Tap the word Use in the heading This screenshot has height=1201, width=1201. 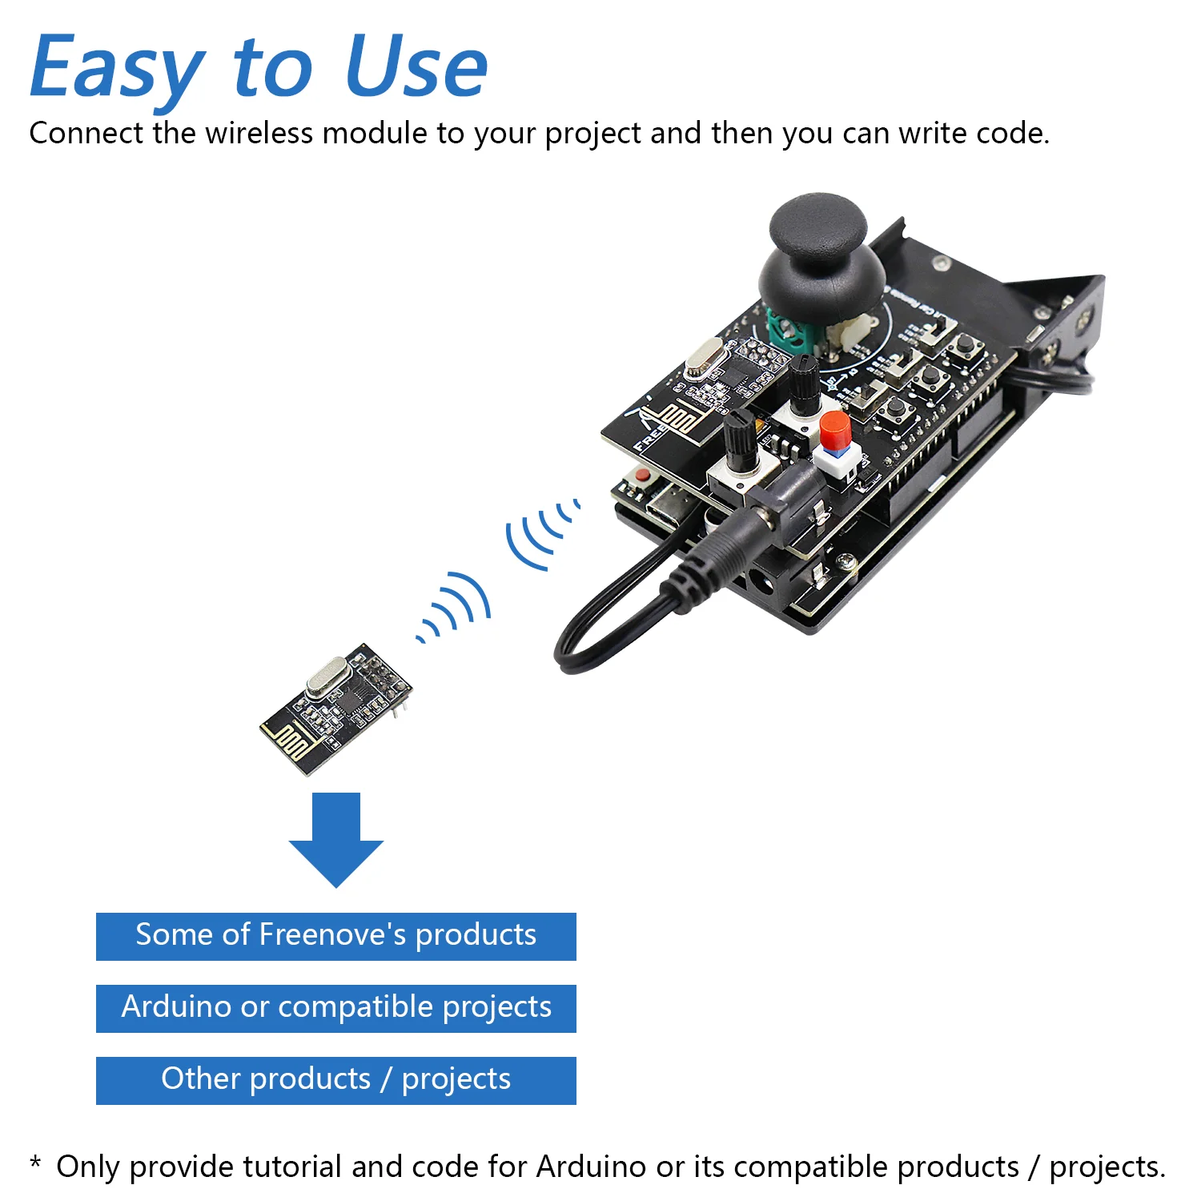[x=416, y=68]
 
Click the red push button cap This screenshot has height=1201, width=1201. [x=834, y=431]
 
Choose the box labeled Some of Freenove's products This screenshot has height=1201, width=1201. [x=336, y=936]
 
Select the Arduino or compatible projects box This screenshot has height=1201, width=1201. [x=336, y=1008]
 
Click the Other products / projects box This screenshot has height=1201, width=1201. [x=336, y=1080]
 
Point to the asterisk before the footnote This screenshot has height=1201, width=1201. [x=35, y=1162]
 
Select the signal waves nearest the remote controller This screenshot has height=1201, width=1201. [x=540, y=532]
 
